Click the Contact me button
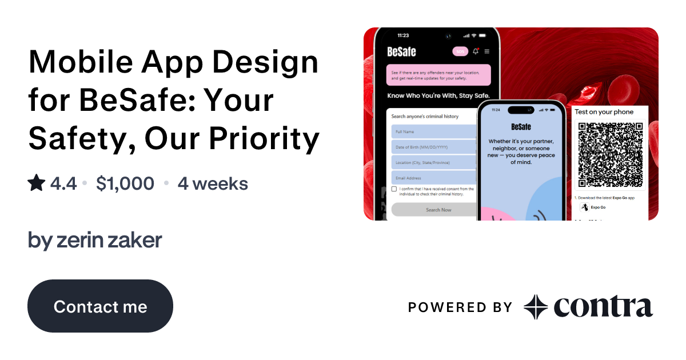point(100,306)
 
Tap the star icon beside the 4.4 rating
point(37,183)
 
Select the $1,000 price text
point(125,183)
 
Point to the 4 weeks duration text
point(213,183)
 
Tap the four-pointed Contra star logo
point(536,307)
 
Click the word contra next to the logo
point(603,307)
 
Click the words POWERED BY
point(460,307)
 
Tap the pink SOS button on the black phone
point(460,51)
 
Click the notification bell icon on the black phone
point(476,51)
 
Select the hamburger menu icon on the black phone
point(487,51)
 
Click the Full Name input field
point(433,132)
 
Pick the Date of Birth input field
point(433,147)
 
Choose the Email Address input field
point(433,178)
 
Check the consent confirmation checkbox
point(394,189)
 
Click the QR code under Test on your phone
point(610,154)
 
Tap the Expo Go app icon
point(584,207)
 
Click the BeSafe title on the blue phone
point(520,126)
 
